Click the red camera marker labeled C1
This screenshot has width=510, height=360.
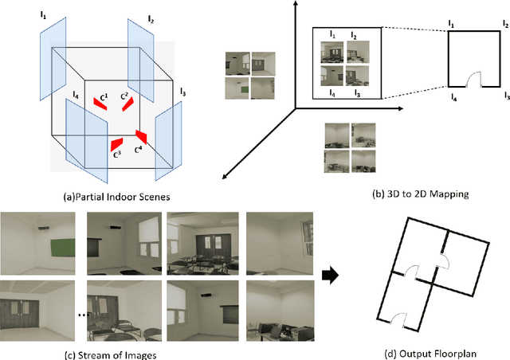100,102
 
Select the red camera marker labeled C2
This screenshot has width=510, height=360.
126,104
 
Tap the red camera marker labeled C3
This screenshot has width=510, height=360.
116,143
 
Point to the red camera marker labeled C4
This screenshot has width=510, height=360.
141,137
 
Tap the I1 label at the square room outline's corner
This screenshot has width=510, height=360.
451,25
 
